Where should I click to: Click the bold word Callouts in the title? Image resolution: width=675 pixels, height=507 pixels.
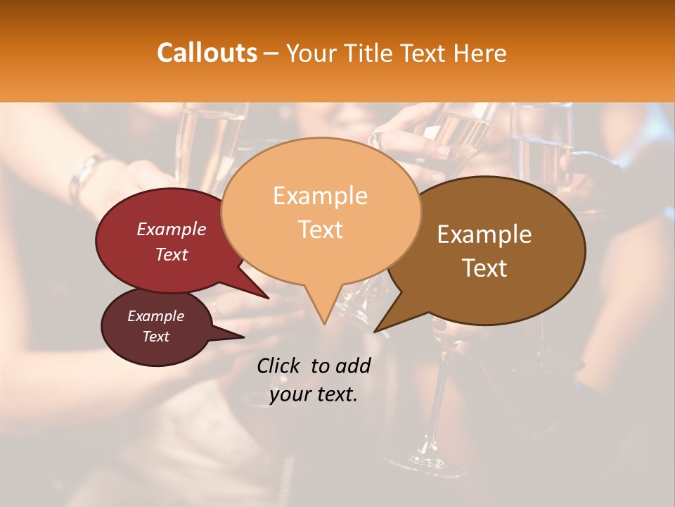(x=207, y=53)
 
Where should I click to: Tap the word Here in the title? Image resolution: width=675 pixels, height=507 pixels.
(x=478, y=54)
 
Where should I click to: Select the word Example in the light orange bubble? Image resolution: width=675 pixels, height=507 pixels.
(x=320, y=196)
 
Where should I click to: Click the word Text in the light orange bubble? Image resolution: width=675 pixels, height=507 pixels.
(x=320, y=230)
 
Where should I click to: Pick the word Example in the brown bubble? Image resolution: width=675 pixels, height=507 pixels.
(x=484, y=234)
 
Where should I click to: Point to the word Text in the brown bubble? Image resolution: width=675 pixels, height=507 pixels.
(x=484, y=268)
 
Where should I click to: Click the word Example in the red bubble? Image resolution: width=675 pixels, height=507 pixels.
(x=171, y=229)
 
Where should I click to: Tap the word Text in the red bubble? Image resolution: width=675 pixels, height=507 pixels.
(x=171, y=254)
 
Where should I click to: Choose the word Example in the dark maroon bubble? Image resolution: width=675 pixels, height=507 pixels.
(x=155, y=316)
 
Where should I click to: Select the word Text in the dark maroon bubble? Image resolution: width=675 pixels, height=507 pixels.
(x=155, y=337)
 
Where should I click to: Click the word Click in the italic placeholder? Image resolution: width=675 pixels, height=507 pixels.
(x=279, y=365)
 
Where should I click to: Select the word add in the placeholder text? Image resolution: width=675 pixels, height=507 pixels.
(x=353, y=365)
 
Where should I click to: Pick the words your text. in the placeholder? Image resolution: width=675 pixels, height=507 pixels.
(x=313, y=395)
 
